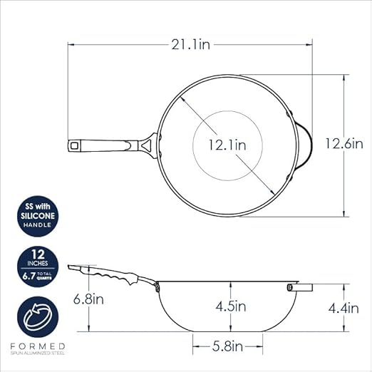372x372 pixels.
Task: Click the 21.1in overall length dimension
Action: click(191, 44)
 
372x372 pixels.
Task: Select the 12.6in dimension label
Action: click(344, 143)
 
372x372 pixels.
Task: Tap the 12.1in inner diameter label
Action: click(227, 145)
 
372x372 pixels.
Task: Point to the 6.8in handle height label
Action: click(88, 299)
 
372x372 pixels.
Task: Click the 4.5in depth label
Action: click(231, 306)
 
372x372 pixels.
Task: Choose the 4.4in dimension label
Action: click(343, 309)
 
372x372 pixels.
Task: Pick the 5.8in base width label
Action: click(227, 346)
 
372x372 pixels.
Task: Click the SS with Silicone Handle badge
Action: click(38, 216)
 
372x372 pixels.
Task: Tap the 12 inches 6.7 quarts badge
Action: click(38, 267)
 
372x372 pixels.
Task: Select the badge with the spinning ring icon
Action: click(38, 317)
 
